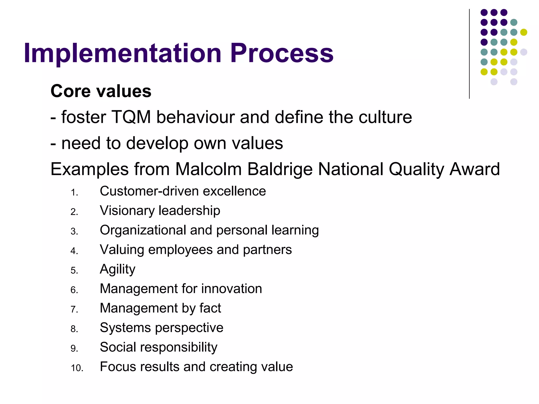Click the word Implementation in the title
click(x=122, y=53)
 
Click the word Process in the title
click(x=282, y=53)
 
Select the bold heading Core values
click(x=101, y=91)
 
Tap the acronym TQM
click(x=131, y=117)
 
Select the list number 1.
click(x=74, y=193)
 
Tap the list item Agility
click(x=117, y=269)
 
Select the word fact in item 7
click(x=210, y=308)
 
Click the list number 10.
click(x=77, y=368)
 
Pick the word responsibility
click(x=179, y=347)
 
